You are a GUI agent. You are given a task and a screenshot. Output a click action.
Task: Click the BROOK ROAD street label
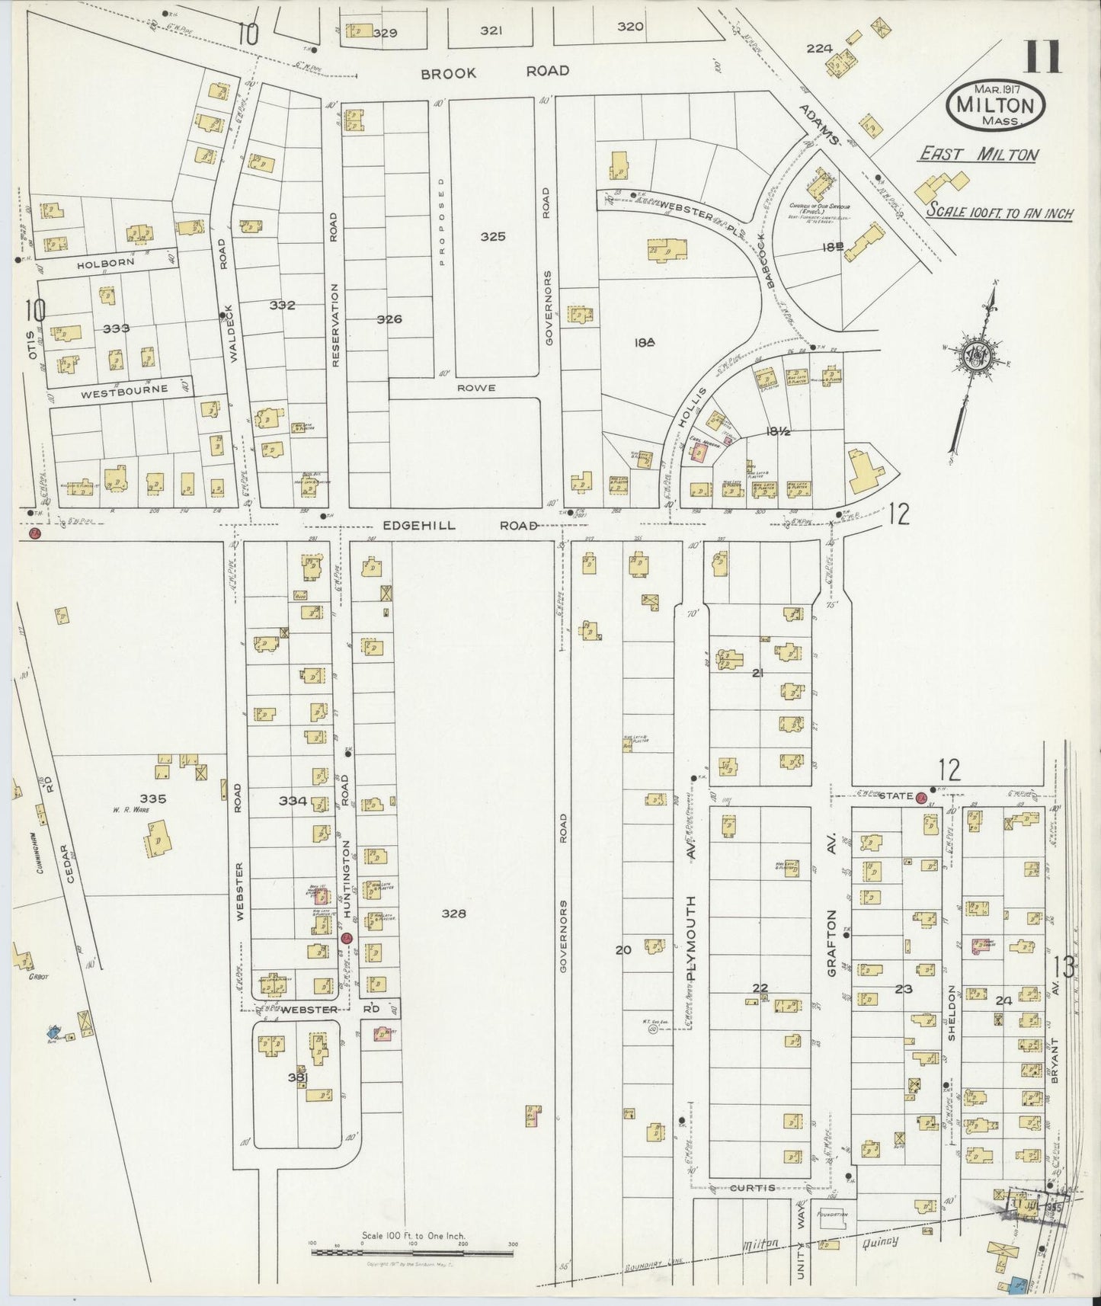coord(494,72)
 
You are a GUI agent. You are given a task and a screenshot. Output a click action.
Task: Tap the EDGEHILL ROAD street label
coord(460,526)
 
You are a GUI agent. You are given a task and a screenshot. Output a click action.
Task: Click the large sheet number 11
coord(1043,56)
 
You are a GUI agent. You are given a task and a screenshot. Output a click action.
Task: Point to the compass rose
coord(975,357)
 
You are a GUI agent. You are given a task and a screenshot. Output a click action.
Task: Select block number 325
coord(493,236)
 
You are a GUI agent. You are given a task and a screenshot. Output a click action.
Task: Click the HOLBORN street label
coord(105,262)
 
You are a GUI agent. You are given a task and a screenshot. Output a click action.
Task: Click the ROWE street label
coord(476,388)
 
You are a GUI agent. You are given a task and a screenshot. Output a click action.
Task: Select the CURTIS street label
coord(754,1188)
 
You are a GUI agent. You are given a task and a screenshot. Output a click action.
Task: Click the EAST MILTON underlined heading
coord(978,155)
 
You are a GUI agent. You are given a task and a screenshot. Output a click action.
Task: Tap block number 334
coord(293,801)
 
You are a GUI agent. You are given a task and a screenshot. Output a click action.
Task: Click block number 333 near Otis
coord(117,328)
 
